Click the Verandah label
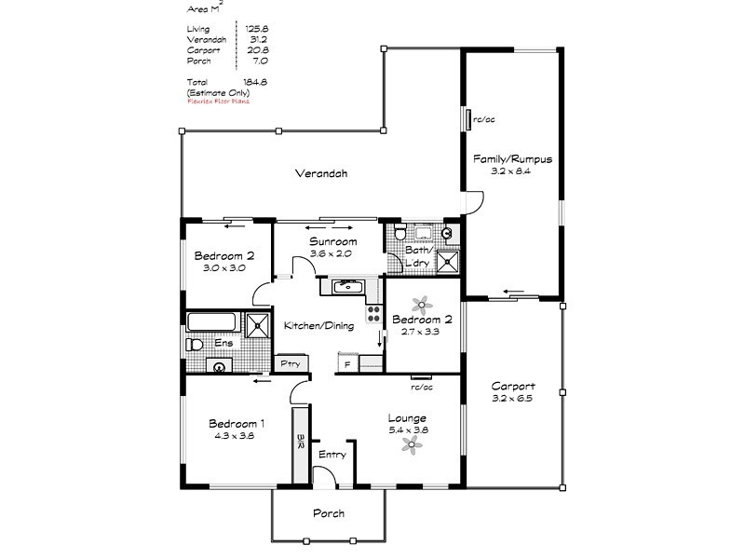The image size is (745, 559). (321, 173)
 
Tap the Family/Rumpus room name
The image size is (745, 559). (512, 159)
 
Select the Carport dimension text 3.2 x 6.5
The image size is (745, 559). (513, 399)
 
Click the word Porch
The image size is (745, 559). (329, 513)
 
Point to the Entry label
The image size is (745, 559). (332, 455)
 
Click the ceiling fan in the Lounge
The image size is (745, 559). (411, 447)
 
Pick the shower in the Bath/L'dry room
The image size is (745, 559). (450, 261)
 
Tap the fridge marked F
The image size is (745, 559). (347, 364)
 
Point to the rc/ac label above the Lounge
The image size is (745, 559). (422, 387)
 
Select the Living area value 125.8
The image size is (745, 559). (256, 29)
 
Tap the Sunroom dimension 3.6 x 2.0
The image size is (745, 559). (332, 253)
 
